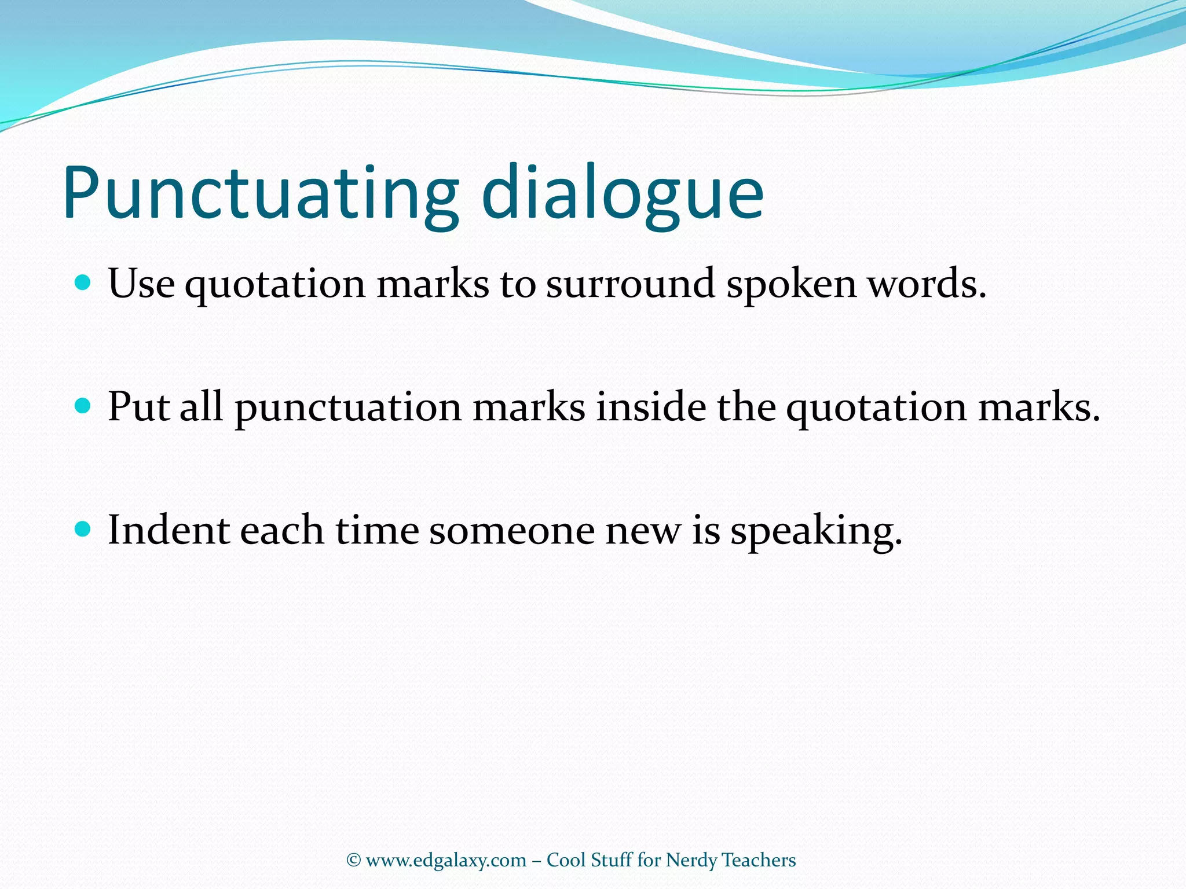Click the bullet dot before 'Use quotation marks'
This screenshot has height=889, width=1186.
click(x=83, y=283)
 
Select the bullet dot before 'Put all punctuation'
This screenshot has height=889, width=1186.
click(x=83, y=406)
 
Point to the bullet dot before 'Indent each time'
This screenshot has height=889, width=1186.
click(x=83, y=529)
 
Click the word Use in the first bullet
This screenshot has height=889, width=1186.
click(x=141, y=284)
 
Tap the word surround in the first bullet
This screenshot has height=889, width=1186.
click(x=630, y=284)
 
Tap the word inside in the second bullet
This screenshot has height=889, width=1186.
click(x=651, y=407)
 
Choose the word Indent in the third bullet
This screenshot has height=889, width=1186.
click(x=169, y=530)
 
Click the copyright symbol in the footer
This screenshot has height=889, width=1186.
click(x=353, y=860)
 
